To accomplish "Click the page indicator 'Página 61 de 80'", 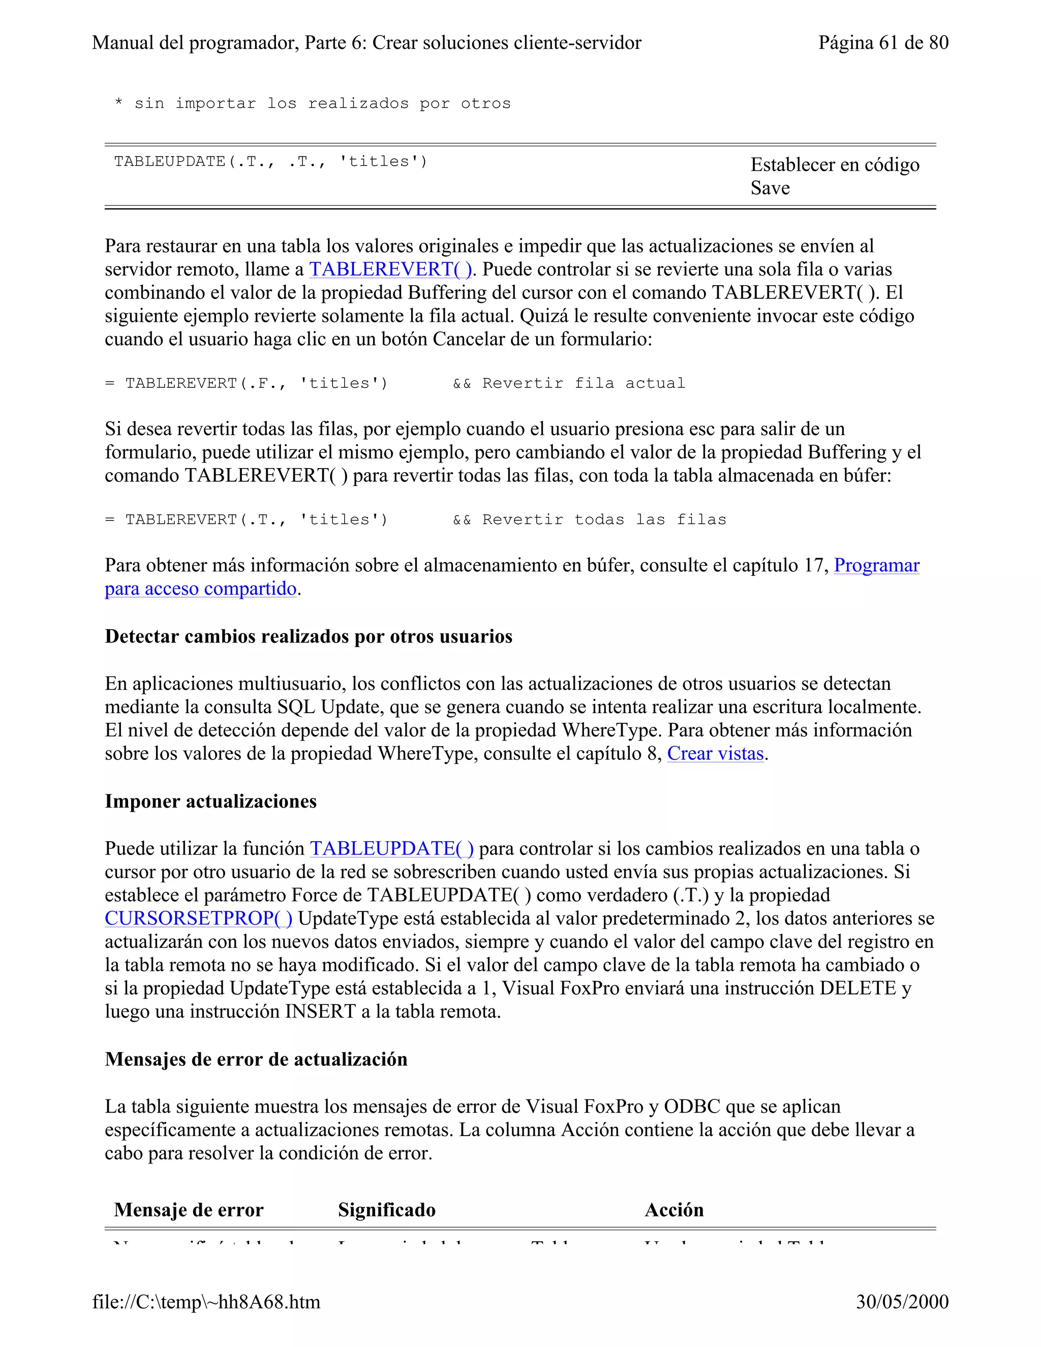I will (x=882, y=43).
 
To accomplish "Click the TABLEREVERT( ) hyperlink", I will (x=390, y=269).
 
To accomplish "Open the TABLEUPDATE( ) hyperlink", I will (x=391, y=849).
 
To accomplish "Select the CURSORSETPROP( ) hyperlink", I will (x=199, y=919).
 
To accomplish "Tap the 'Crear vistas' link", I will (x=715, y=754).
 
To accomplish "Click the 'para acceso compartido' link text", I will (x=200, y=589).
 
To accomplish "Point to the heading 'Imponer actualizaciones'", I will (x=210, y=801).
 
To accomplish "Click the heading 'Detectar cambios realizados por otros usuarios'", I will (x=309, y=636).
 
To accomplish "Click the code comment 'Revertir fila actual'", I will (x=583, y=384).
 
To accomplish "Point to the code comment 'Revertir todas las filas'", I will (x=604, y=520).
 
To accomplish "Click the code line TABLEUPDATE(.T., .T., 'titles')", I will (x=270, y=162).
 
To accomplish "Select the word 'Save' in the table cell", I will (x=770, y=188).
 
